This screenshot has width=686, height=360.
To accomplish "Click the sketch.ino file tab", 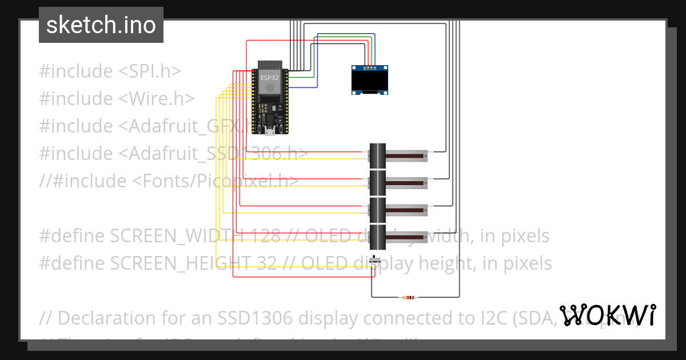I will point(101,25).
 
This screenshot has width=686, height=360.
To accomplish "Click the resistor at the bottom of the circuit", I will point(409,297).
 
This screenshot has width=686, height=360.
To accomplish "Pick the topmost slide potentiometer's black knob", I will point(377,155).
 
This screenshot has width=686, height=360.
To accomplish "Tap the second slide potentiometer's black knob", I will point(377,182).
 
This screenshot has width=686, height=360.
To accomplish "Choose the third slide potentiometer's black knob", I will point(377,209).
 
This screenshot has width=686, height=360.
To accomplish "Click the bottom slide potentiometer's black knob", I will point(377,237).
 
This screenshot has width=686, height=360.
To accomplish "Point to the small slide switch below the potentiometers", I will point(374,260).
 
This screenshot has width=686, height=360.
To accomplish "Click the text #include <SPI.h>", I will point(110,71).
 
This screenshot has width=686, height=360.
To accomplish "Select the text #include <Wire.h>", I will point(117,99).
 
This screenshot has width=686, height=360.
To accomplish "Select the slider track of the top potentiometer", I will point(406,155).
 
